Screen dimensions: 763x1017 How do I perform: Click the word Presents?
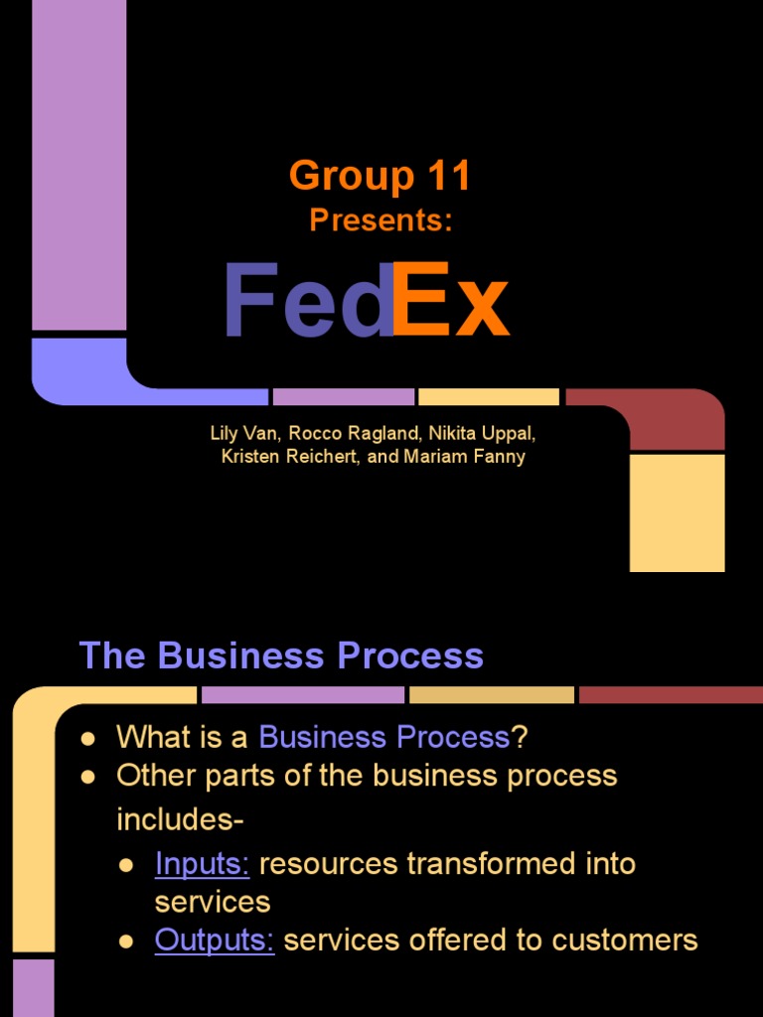[x=381, y=219]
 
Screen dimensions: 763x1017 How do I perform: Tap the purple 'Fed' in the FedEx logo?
[x=309, y=300]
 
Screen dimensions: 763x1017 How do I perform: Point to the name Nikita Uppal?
[x=482, y=433]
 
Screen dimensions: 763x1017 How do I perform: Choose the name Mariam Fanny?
[x=464, y=457]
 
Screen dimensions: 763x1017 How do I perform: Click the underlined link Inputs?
[x=203, y=864]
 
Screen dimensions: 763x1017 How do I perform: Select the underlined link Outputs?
[x=215, y=940]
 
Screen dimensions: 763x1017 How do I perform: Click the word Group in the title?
[x=352, y=177]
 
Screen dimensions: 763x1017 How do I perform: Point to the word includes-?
[x=180, y=819]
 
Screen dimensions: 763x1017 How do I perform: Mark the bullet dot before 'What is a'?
[x=88, y=739]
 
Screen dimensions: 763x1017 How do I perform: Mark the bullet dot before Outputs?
[x=126, y=942]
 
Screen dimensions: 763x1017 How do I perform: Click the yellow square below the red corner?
[x=678, y=513]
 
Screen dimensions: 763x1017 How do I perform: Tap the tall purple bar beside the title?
[x=79, y=165]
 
